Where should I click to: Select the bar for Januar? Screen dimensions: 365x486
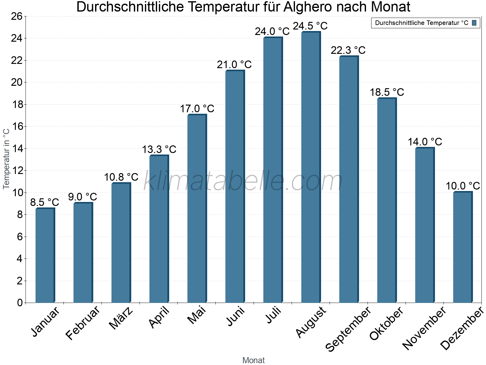tap(45, 255)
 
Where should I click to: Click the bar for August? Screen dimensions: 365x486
tap(311, 167)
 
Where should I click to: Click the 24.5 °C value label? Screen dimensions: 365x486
tap(310, 26)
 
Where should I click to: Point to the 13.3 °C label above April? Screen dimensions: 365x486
tap(159, 149)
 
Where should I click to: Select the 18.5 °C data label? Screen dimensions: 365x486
tap(387, 92)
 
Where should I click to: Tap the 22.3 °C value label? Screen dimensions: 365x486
tap(348, 50)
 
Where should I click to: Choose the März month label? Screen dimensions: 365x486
tap(121, 318)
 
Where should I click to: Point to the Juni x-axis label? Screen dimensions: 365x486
tap(235, 316)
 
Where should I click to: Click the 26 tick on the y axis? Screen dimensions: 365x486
tap(17, 16)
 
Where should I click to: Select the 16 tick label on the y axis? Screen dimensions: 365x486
tap(17, 127)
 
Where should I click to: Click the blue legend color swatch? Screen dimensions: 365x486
tap(474, 23)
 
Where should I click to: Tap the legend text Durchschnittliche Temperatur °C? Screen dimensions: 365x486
tap(422, 23)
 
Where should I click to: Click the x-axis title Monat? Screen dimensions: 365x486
tap(253, 360)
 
